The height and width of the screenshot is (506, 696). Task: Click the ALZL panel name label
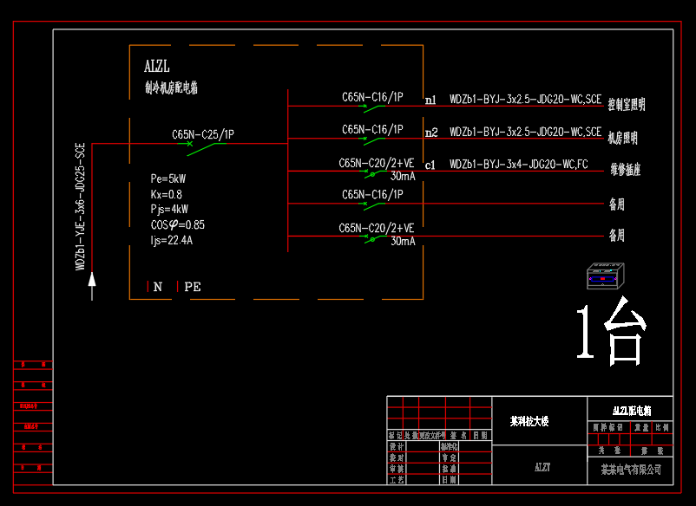[157, 67]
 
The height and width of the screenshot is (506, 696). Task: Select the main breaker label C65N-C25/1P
[202, 134]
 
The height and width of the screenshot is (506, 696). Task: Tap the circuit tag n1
[431, 101]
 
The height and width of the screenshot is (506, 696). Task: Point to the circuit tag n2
[431, 133]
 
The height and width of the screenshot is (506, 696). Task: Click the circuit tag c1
[430, 165]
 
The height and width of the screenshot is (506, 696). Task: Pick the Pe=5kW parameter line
[168, 178]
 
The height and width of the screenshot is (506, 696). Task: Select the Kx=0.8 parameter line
[166, 194]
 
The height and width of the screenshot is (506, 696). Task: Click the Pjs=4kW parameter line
[169, 209]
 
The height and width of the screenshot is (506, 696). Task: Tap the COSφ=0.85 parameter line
[177, 224]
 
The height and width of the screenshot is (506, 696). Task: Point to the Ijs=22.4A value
[171, 240]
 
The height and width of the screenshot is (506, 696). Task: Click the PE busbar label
[193, 287]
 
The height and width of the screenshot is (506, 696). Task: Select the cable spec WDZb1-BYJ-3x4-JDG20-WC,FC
[518, 164]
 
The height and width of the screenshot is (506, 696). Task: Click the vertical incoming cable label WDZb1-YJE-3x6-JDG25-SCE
[80, 207]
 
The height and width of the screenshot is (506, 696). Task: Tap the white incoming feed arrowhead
[92, 278]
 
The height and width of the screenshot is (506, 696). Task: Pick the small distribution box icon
[603, 276]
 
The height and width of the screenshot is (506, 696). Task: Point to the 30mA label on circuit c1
[402, 176]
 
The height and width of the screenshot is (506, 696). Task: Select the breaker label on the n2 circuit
[372, 129]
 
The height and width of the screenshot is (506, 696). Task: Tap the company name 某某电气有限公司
[631, 470]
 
